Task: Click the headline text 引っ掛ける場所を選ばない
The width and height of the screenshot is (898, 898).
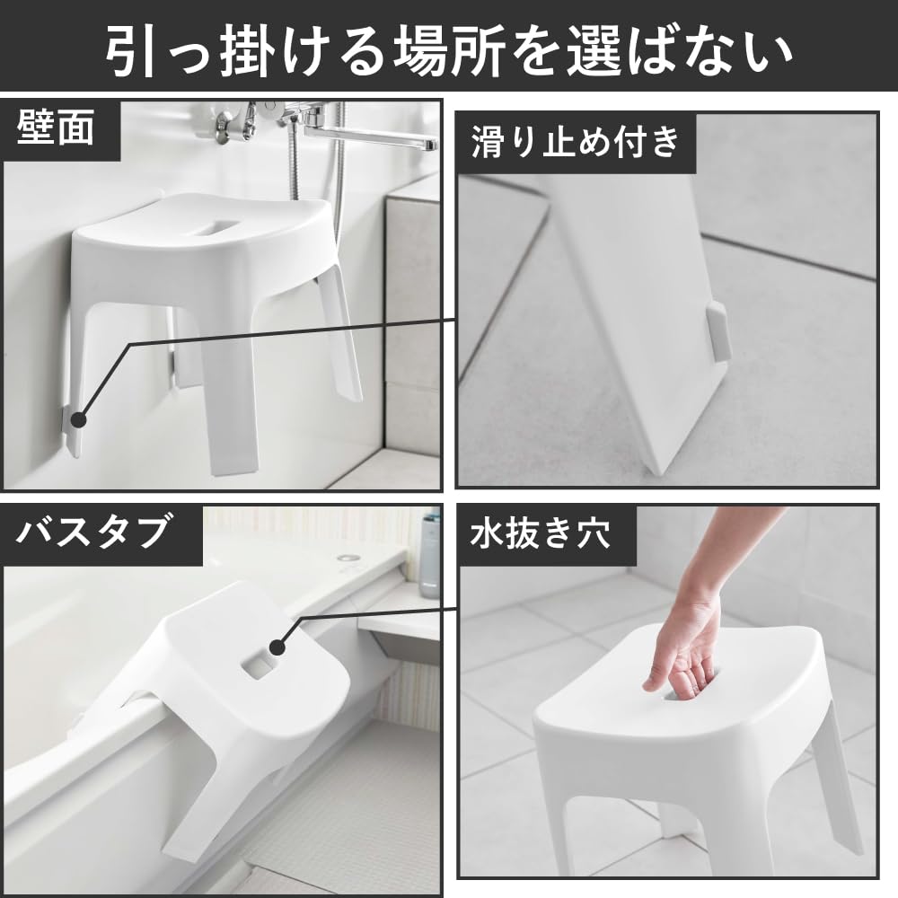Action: (x=449, y=47)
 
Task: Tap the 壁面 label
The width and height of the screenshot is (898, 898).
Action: (x=56, y=129)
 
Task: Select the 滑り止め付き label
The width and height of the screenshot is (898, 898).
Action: (x=575, y=142)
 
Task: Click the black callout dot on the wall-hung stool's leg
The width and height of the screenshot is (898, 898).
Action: (x=77, y=418)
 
